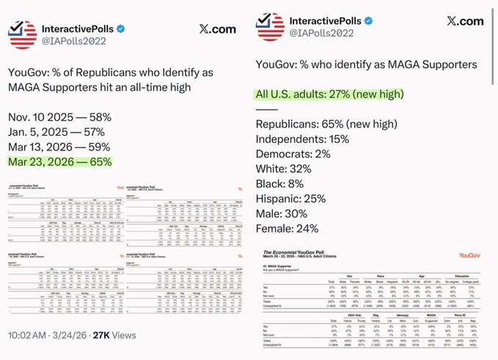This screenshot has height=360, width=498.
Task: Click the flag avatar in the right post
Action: click(270, 28)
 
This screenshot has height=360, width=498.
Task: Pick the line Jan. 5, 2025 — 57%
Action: click(59, 133)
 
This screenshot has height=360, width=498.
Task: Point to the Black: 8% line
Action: click(280, 185)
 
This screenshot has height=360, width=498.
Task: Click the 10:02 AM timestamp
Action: click(27, 336)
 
